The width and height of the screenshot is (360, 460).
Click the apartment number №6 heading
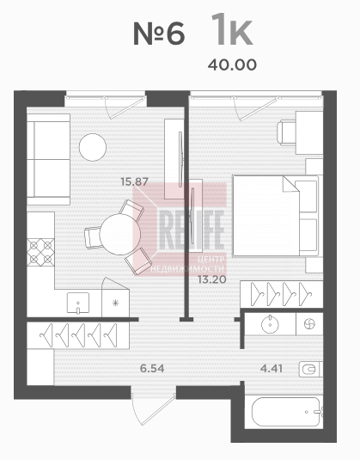159,34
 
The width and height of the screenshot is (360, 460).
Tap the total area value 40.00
232,64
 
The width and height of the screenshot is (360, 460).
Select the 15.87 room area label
135,182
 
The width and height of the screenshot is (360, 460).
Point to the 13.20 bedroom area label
212,279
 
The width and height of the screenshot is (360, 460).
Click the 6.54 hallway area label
152,368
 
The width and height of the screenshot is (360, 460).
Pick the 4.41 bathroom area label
272,368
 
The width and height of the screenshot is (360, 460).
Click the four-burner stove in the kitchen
40,253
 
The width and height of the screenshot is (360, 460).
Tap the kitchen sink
78,303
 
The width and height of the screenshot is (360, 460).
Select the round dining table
120,234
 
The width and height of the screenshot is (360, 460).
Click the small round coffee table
93,147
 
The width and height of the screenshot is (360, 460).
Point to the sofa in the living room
48,159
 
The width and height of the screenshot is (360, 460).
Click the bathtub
286,412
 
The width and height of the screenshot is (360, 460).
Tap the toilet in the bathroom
311,370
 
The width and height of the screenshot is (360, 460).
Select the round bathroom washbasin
270,324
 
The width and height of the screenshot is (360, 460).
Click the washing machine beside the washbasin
309,324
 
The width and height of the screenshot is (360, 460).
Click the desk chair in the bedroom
287,133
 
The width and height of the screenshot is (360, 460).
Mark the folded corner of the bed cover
290,184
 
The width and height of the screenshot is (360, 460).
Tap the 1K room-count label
232,29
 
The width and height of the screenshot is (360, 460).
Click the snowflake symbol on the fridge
115,303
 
